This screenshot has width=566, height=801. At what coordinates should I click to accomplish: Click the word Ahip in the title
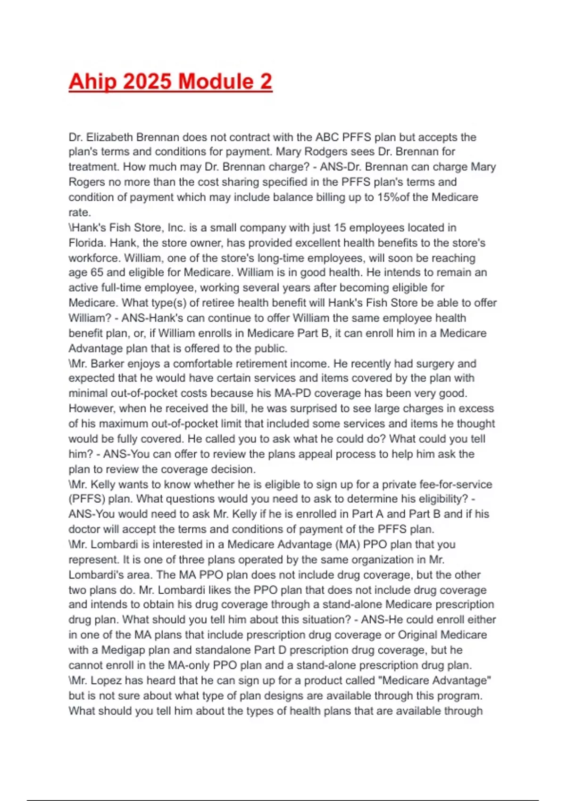click(x=93, y=82)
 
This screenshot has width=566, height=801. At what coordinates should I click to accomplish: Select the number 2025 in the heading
click(x=148, y=82)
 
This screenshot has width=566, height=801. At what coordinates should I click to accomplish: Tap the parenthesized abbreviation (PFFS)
click(x=87, y=499)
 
